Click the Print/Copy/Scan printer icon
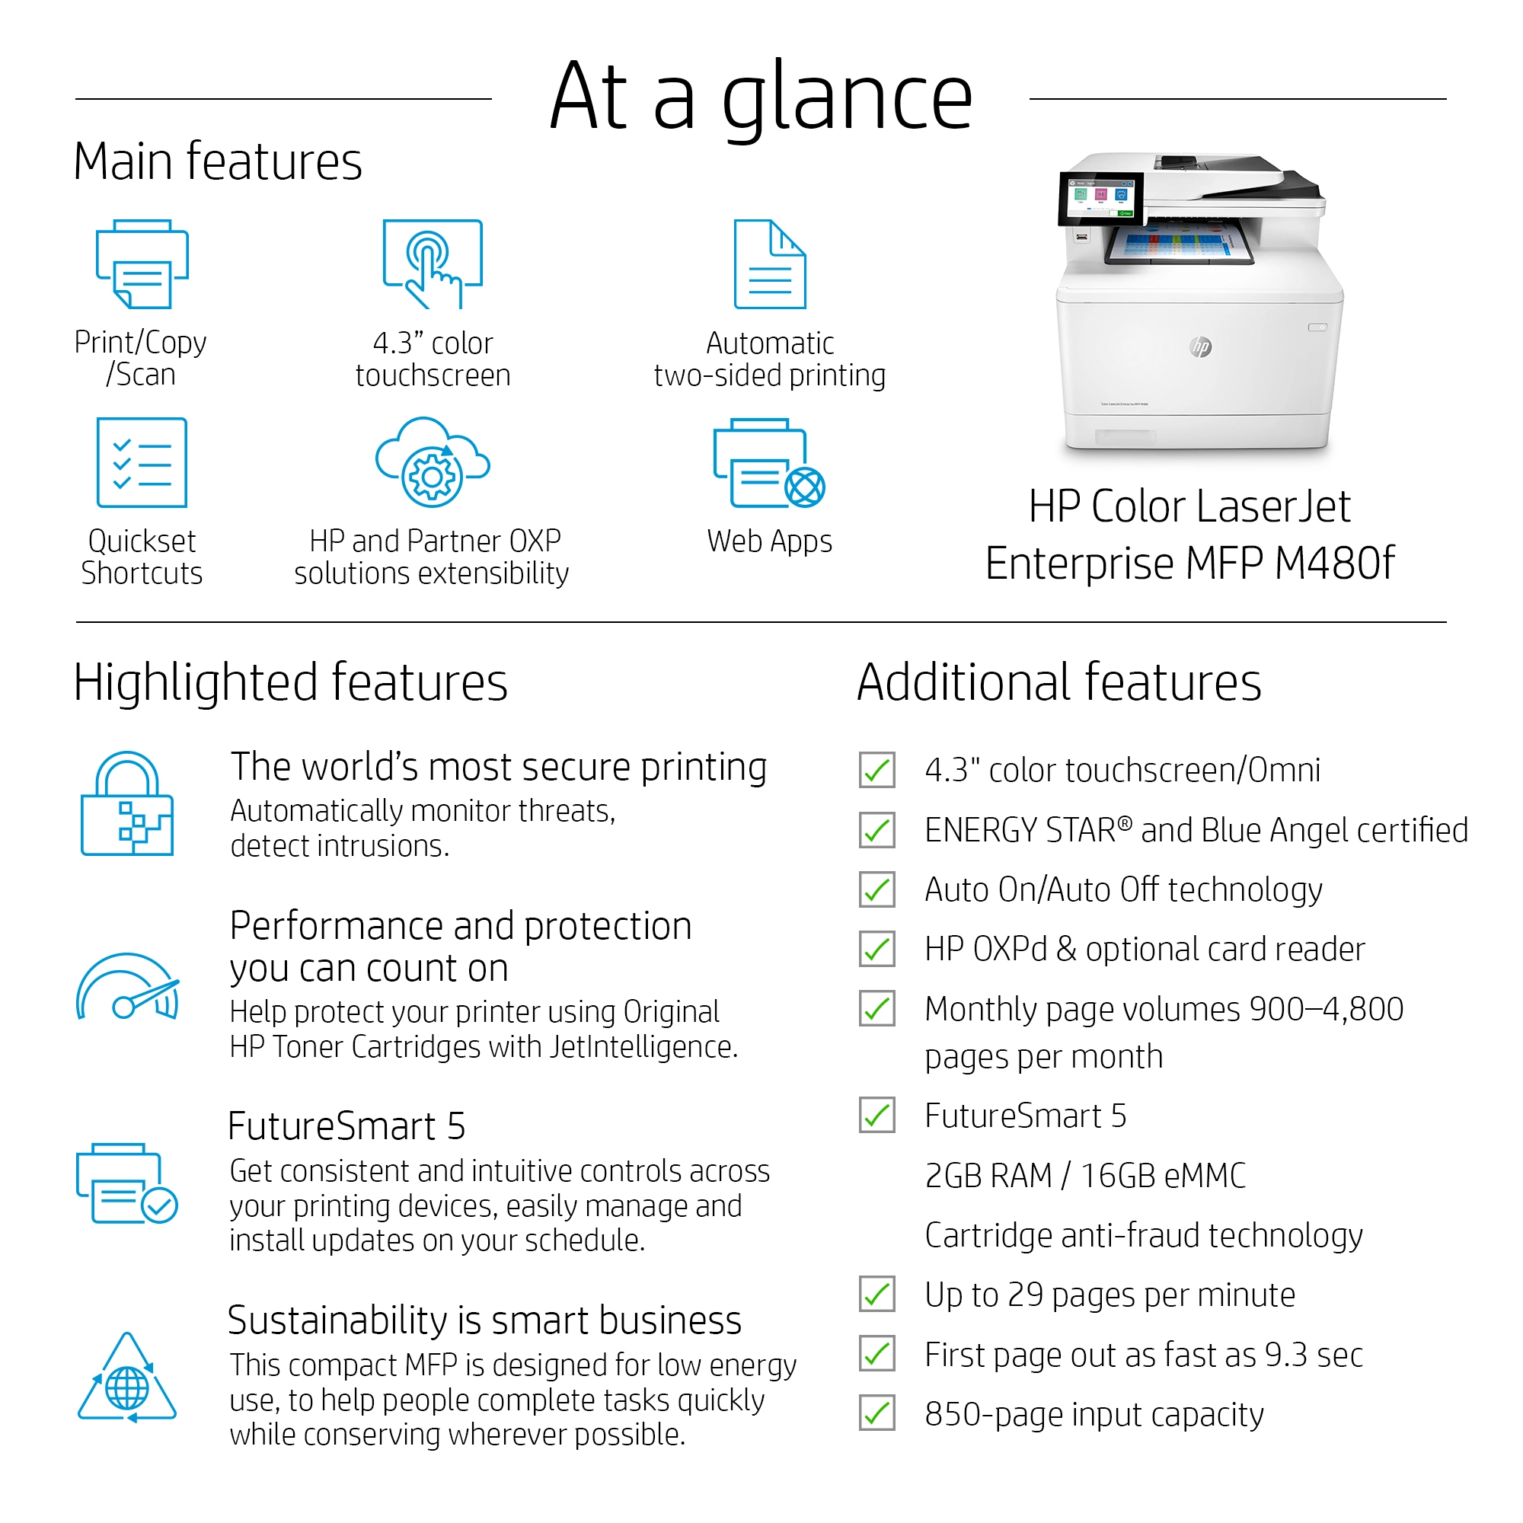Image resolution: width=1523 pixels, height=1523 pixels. [142, 264]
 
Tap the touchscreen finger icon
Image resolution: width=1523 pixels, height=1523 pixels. [432, 264]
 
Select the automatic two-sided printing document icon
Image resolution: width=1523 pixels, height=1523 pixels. [769, 264]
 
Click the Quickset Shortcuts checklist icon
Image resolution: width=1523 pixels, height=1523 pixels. [142, 462]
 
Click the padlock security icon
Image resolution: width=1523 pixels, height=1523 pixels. [127, 804]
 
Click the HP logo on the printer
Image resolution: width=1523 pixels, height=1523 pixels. [1201, 346]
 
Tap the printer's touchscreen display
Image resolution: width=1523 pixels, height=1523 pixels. [1100, 198]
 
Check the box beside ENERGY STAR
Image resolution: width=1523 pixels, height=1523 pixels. [876, 830]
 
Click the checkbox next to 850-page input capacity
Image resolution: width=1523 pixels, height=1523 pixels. [876, 1413]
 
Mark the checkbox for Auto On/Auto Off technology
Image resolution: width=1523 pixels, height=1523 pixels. [876, 890]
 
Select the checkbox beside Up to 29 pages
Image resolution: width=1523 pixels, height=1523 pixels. [876, 1295]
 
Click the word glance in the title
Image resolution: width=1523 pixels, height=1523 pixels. [848, 98]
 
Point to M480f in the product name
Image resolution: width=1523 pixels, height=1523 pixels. [1335, 564]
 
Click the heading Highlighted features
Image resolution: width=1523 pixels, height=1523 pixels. [290, 682]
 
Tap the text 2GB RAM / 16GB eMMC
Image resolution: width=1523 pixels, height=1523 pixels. [1084, 1175]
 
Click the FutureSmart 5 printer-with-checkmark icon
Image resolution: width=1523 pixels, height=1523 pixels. [127, 1183]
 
